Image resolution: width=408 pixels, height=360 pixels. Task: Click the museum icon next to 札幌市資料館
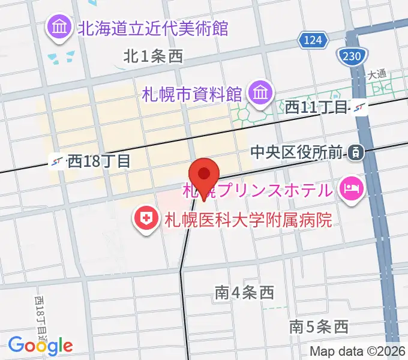point(260,93)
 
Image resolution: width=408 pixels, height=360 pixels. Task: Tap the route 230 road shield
point(349,56)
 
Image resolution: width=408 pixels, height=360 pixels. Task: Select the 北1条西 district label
point(152,56)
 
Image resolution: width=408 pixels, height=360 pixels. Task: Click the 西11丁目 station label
point(316,107)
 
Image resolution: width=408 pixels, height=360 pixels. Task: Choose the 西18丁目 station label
point(98,161)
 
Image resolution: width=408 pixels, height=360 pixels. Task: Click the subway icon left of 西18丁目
point(58,161)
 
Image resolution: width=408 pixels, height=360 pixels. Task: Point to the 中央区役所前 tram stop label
point(298,152)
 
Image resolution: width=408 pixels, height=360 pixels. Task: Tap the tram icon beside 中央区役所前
point(356,152)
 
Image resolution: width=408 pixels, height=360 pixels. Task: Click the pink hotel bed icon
point(351,191)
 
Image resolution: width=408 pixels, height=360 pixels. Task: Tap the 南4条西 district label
point(244,293)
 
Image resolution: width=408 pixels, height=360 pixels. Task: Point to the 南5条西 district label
point(319,327)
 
